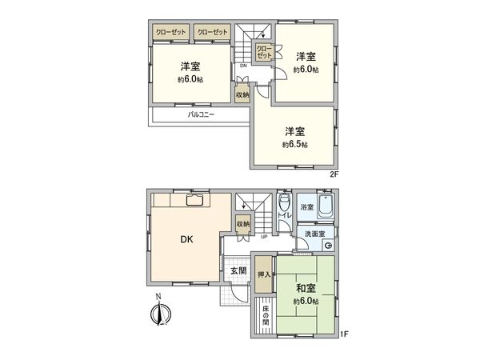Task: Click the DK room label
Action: pos(184,238)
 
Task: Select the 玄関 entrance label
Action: pos(238,271)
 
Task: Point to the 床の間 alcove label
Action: pos(264,315)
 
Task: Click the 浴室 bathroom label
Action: pos(306,207)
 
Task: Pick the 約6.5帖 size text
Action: pos(294,145)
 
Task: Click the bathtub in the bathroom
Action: pos(325,207)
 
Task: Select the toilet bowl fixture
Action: pos(284,199)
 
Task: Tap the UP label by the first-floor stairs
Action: pos(264,237)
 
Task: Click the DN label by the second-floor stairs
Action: pos(243,66)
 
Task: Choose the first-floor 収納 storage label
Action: pos(243,224)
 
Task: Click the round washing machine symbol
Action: pos(327,245)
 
